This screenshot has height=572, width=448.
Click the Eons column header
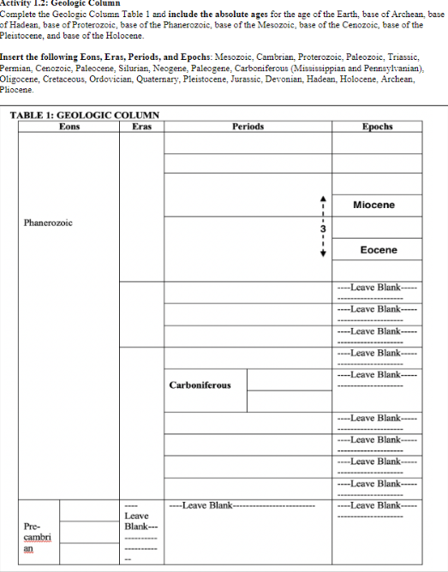[69, 127]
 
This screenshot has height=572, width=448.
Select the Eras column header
[142, 127]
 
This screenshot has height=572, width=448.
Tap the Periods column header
[248, 127]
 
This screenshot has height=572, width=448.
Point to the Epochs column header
[377, 127]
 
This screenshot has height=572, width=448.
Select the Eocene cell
[378, 250]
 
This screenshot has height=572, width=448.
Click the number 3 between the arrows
[323, 229]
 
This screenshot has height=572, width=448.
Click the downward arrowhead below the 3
[323, 262]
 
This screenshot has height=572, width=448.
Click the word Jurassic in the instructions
[263, 78]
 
